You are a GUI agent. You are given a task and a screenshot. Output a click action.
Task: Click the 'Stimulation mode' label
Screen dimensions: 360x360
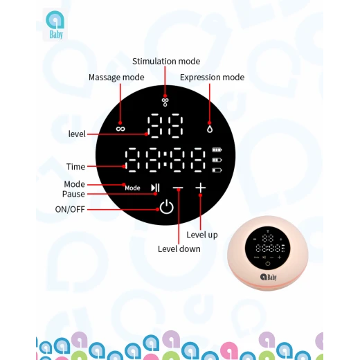point(166,62)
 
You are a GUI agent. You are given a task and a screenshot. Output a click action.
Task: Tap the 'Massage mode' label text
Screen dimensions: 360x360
point(116,78)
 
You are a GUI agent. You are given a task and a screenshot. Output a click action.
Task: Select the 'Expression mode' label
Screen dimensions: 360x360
point(212,78)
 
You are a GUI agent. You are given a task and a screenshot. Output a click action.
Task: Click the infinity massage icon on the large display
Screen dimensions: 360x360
point(120,129)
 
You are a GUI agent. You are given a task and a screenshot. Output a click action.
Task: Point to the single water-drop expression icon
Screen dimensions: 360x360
point(210,129)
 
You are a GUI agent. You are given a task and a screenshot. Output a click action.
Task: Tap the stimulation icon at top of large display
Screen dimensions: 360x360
point(165,102)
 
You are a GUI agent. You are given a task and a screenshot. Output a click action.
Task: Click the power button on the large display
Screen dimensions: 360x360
point(167,207)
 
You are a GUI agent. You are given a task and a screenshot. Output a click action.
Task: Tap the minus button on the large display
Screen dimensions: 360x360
point(178,188)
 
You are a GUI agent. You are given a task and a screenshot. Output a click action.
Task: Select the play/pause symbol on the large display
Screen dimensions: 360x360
point(155,188)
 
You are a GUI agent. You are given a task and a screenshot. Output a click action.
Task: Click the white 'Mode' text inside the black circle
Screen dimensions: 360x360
point(132,188)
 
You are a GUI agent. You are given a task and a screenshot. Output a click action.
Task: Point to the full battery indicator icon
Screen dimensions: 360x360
point(217,150)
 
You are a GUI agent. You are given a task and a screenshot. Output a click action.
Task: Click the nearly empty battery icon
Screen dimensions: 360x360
point(217,170)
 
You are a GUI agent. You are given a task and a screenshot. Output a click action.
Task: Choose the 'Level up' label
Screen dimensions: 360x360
point(202,235)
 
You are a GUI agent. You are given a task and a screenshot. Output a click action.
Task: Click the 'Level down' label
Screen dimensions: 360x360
point(179,249)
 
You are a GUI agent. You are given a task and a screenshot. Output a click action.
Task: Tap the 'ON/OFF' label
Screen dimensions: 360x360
point(70,209)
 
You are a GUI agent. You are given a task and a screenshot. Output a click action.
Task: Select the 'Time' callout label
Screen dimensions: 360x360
point(75,167)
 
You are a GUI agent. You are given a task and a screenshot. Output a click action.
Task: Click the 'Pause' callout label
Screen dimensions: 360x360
point(73,194)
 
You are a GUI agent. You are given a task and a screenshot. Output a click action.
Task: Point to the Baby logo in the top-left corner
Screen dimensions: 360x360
point(55,25)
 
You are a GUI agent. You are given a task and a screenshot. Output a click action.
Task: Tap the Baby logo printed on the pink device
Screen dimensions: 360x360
point(268,277)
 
